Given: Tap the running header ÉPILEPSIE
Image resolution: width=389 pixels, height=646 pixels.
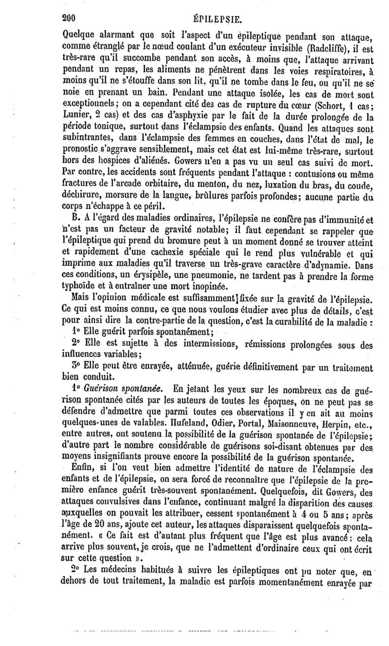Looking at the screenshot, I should (x=214, y=7).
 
